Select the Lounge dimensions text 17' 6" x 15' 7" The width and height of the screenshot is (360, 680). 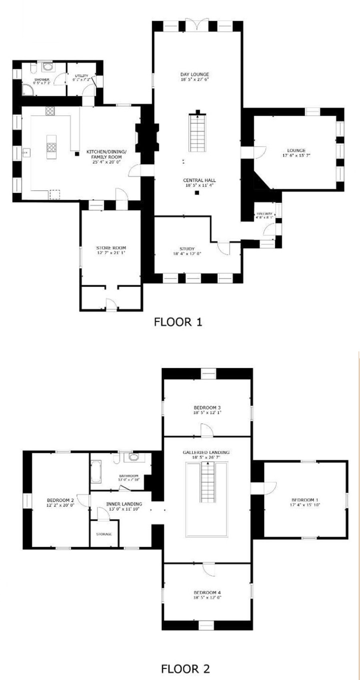(296, 155)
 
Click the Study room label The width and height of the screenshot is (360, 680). (187, 249)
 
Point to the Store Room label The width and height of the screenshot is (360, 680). (111, 248)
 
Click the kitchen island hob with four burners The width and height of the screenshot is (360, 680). (51, 146)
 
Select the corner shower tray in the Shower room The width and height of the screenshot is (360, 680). (28, 91)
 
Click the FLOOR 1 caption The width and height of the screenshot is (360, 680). (178, 322)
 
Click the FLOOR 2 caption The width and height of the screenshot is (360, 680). (185, 668)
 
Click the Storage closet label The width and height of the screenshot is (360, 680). (104, 534)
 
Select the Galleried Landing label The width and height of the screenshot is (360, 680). (206, 452)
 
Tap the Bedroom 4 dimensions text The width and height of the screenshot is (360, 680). (207, 597)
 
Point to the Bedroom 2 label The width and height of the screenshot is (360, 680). (60, 500)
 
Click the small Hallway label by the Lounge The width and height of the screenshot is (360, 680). (264, 214)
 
